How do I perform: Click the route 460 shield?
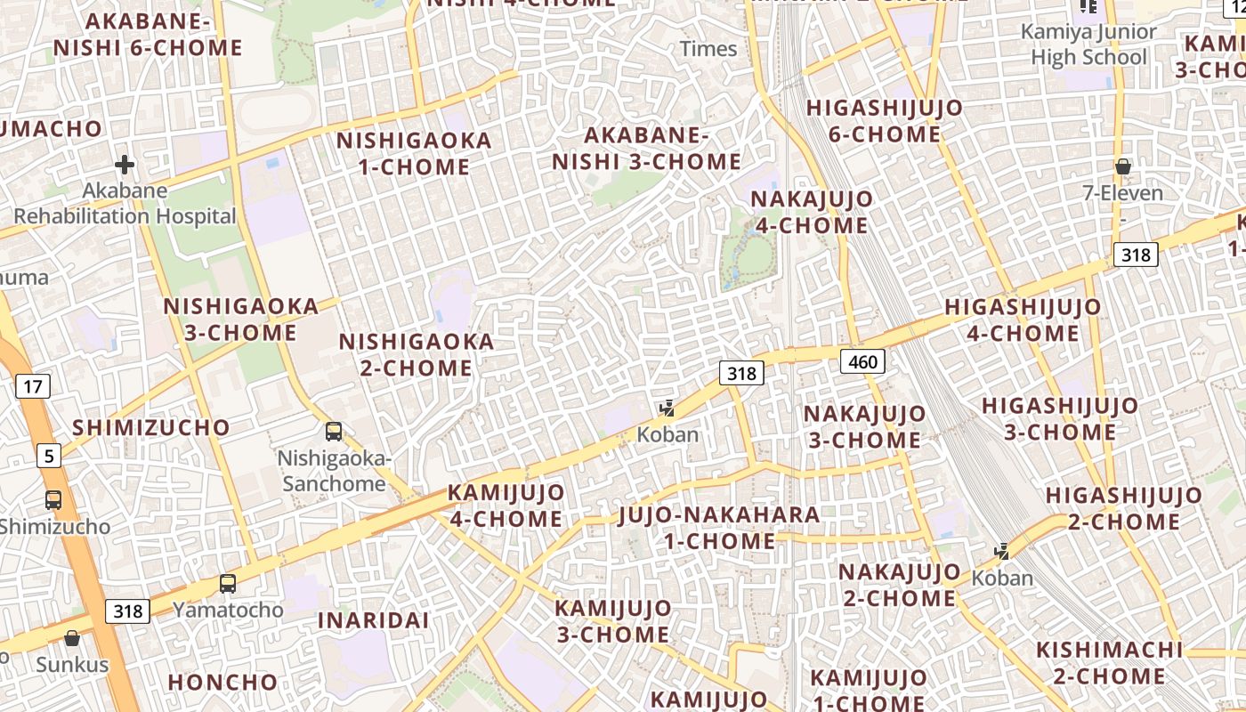(x=862, y=360)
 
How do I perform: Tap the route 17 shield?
(x=32, y=386)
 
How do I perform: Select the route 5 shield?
(x=49, y=457)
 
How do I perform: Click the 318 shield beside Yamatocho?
(x=128, y=611)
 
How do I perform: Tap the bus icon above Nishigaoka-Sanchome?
(x=334, y=432)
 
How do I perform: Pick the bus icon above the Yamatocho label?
(x=228, y=584)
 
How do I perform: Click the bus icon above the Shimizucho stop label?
(x=53, y=500)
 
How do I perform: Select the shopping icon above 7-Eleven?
(x=1123, y=166)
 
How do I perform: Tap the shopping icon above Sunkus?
(x=72, y=638)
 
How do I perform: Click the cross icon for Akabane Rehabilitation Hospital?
(x=125, y=165)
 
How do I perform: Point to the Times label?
(x=708, y=49)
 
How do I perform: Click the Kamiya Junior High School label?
(x=1088, y=44)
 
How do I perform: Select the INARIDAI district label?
(x=374, y=620)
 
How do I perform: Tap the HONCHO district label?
(x=222, y=683)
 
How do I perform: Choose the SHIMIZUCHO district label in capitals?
(x=151, y=427)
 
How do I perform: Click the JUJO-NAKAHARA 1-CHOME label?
(x=719, y=528)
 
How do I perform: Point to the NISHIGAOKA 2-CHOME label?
(x=417, y=354)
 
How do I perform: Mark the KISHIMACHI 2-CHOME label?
(x=1109, y=663)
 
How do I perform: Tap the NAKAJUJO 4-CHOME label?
(x=811, y=212)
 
